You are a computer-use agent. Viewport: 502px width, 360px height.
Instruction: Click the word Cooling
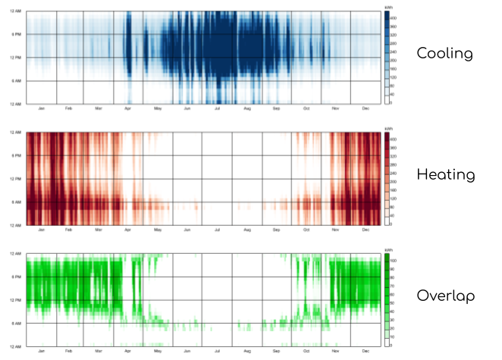pyautogui.click(x=444, y=55)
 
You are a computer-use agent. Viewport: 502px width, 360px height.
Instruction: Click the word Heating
pyautogui.click(x=445, y=175)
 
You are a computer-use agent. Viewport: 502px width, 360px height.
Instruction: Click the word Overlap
pyautogui.click(x=445, y=296)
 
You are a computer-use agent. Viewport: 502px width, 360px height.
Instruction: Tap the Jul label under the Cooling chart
pyautogui.click(x=218, y=109)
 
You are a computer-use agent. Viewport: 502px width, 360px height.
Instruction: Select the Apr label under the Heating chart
pyautogui.click(x=128, y=230)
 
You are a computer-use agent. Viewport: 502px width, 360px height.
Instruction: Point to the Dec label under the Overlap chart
pyautogui.click(x=366, y=350)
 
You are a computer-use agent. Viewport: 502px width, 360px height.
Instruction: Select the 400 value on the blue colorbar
pyautogui.click(x=394, y=17)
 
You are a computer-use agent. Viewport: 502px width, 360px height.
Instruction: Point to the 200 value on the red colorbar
pyautogui.click(x=394, y=183)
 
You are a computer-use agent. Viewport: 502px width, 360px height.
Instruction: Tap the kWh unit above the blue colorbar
pyautogui.click(x=388, y=8)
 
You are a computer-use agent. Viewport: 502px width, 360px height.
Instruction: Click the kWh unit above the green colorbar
pyautogui.click(x=388, y=249)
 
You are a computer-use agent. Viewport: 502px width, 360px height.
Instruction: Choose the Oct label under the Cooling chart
pyautogui.click(x=306, y=109)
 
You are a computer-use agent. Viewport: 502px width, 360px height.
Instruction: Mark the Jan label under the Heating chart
pyautogui.click(x=40, y=230)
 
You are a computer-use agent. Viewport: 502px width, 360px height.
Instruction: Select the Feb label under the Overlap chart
pyautogui.click(x=69, y=350)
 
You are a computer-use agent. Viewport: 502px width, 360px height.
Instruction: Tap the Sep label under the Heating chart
pyautogui.click(x=277, y=230)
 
